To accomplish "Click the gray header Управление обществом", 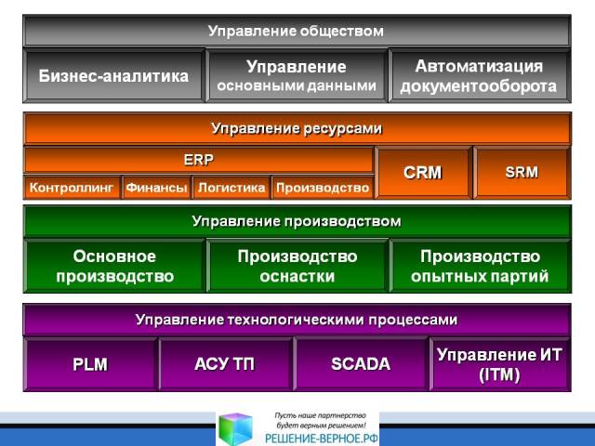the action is pos(297,31).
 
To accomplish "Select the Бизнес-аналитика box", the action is pos(113,76).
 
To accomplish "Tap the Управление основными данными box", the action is pos(297,76).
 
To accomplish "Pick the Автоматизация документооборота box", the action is pos(480,76).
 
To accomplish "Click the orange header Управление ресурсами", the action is pos(297,128).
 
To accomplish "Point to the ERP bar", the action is pos(199,160).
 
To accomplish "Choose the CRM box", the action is pos(424,173).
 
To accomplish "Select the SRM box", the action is pos(522,173).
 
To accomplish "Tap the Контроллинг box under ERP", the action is pos(73,188).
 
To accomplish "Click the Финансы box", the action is pos(157,188).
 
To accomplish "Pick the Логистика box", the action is pos(231,188).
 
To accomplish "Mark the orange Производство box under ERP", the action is pos(323,188).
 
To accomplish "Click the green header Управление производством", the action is pos(297,221).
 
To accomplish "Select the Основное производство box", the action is pos(114,266).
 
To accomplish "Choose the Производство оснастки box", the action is pos(297,266).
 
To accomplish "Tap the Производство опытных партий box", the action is pos(480,266).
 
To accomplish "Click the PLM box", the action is pos(90,364).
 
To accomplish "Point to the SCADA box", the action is pos(361,364).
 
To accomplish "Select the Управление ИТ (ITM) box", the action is pos(500,364).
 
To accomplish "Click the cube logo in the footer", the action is pos(236,429).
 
